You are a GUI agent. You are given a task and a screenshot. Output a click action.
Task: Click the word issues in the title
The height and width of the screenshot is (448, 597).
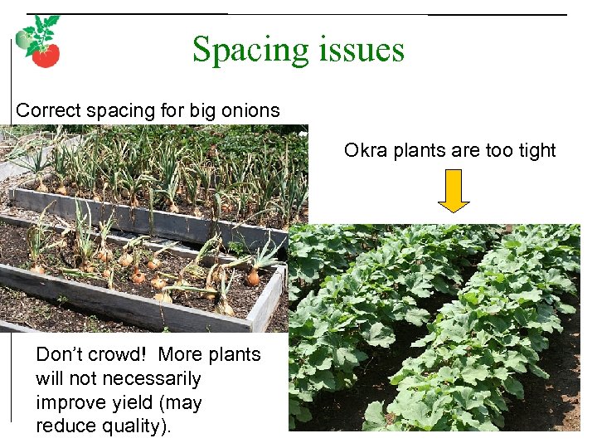click(361, 50)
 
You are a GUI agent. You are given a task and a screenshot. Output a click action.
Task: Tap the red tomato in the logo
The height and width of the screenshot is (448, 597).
click(45, 55)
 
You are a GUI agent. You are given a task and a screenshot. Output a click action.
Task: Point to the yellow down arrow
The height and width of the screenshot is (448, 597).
click(453, 190)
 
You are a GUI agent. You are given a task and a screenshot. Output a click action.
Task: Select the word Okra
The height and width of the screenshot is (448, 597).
click(365, 150)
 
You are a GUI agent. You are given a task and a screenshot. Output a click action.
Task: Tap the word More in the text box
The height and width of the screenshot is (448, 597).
click(180, 354)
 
